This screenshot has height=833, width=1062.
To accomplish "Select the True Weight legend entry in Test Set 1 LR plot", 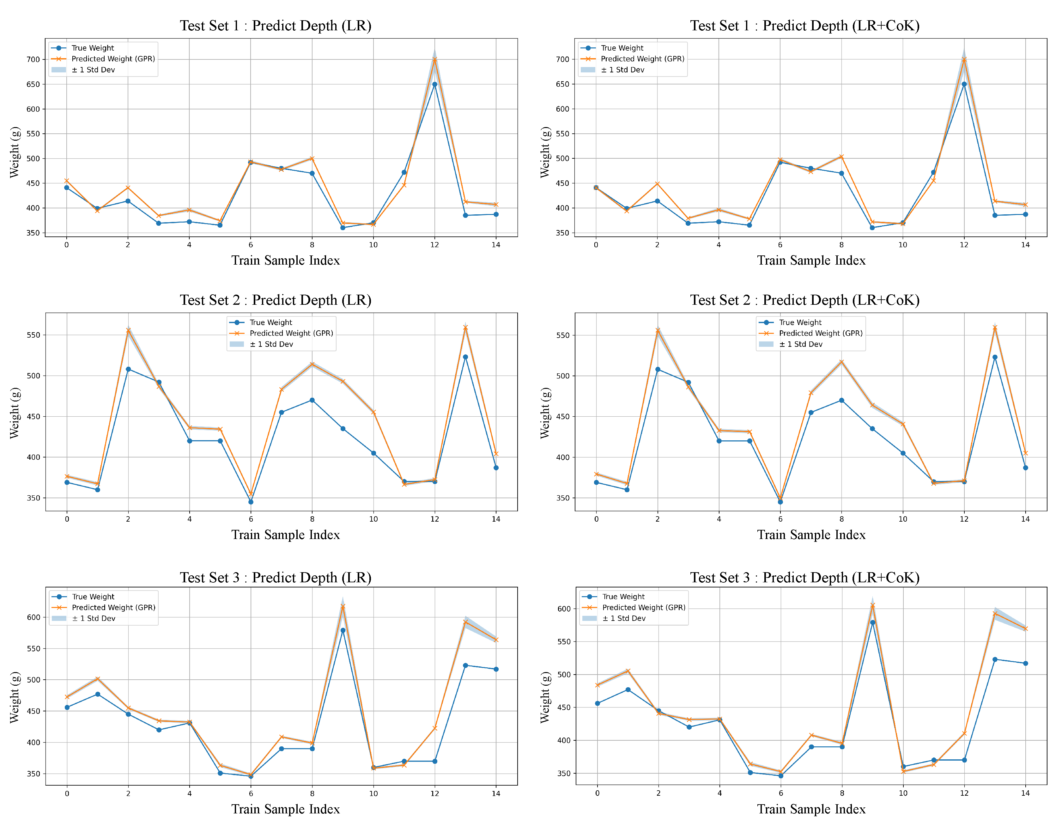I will [92, 48].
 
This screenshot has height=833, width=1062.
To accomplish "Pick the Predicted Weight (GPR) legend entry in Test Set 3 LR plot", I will [113, 608].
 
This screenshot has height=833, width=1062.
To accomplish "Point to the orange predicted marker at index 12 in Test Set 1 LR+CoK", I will [964, 59].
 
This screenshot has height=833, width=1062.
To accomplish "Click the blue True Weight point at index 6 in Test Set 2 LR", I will [251, 502].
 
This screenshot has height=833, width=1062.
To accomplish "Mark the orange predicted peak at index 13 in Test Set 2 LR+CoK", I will [995, 328].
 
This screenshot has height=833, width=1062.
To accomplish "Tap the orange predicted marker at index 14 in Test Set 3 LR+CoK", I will [1025, 629].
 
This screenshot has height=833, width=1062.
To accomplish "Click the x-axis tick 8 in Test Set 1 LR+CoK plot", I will [841, 245].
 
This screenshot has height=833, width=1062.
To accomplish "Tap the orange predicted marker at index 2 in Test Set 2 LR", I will [128, 331].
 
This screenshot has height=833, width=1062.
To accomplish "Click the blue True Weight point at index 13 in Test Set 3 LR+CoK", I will [995, 659].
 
